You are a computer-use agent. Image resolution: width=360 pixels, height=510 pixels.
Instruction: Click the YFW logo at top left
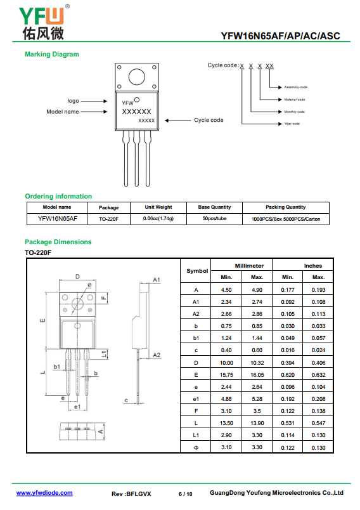coord(44,22)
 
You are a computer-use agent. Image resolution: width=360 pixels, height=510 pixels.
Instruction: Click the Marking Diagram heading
coord(52,55)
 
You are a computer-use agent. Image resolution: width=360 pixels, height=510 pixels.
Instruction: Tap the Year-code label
coord(292,124)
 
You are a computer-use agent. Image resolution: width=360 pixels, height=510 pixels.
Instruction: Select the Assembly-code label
coord(295,87)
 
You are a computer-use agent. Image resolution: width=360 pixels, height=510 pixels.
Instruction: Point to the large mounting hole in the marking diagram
coord(137,77)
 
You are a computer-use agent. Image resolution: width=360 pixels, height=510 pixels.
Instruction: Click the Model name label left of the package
coord(63,112)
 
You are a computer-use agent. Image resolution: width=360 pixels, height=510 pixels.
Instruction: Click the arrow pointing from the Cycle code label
coord(177,121)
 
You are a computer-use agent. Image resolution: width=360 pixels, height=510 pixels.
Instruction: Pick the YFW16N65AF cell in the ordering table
coord(58,219)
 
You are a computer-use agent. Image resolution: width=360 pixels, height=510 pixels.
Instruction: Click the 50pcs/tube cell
coord(214,219)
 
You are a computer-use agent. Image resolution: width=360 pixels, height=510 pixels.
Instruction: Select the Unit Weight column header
coord(158,207)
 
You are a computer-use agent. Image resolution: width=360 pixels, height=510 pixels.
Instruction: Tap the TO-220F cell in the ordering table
coord(108,219)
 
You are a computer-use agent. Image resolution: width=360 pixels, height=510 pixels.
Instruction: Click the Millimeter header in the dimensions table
coord(249,266)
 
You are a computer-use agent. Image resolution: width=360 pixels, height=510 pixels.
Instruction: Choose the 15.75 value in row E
coord(226,375)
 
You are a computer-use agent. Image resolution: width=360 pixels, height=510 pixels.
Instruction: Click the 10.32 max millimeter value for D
coord(257,363)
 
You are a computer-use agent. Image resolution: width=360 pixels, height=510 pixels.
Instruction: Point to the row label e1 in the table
coord(196,399)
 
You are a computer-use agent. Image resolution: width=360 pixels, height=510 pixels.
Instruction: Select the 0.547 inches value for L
coord(318,423)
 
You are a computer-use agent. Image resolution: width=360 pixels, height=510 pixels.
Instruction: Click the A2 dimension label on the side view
coord(157,355)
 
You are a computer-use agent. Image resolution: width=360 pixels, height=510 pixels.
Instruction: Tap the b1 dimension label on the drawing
coord(57,367)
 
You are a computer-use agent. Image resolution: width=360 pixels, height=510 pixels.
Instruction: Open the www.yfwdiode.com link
coord(44,493)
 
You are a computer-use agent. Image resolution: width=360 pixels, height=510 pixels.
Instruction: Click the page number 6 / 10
coord(186,494)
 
